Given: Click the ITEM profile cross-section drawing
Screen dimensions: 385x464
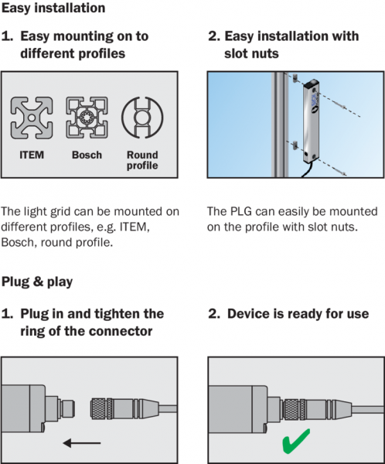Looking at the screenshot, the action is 32,118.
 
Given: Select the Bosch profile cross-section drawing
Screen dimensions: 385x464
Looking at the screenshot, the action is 87,118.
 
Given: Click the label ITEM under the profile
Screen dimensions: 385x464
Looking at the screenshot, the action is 32,155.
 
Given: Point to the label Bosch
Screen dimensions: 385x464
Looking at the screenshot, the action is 87,155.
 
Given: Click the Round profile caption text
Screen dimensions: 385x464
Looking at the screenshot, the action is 142,160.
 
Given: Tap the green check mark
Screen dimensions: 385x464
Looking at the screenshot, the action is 296,441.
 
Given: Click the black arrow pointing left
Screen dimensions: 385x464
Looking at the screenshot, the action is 82,443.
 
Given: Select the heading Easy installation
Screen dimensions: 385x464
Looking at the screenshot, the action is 53,8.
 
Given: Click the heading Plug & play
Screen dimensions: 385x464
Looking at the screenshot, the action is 37,281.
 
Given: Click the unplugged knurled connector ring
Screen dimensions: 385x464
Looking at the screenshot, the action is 101,409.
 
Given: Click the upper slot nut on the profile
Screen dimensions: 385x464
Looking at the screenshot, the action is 295,78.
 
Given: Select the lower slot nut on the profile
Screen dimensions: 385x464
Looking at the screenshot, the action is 295,145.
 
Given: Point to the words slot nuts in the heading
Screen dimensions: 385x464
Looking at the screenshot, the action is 251,53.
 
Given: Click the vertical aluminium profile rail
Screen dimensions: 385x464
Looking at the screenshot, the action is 280,125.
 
